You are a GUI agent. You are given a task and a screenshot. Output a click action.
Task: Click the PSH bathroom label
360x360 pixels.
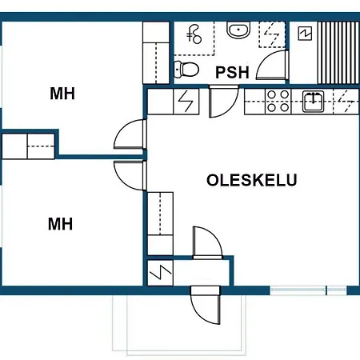point(232,72)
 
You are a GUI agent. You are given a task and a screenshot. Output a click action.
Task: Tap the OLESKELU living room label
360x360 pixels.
point(252,180)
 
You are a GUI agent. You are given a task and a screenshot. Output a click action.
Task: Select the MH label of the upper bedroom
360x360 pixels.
point(62,94)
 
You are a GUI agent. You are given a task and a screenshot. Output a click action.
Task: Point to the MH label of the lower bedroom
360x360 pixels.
point(60,224)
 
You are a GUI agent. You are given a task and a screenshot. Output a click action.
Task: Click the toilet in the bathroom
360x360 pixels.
point(186,70)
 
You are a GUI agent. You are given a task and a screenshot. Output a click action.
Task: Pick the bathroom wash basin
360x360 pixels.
point(238,30)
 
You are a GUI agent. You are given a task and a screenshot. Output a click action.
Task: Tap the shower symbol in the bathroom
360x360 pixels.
point(194,34)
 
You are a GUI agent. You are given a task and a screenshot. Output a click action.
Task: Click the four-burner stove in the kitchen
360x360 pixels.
point(278,101)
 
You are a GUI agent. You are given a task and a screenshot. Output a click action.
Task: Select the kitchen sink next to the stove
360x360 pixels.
point(313,101)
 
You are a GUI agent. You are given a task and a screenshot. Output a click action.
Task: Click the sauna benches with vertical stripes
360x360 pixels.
point(338,53)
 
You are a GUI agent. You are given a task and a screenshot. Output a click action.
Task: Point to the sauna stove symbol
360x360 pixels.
point(305,34)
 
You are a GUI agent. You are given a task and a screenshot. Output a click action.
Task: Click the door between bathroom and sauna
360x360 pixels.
point(273,65)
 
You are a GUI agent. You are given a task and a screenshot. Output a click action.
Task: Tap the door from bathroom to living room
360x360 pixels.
point(223,102)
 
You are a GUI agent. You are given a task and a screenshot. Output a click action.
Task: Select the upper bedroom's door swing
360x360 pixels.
point(130,134)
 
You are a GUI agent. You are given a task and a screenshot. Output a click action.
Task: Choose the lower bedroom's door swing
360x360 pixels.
point(130,175)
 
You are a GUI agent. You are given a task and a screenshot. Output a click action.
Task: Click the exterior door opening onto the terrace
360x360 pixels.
point(206,306)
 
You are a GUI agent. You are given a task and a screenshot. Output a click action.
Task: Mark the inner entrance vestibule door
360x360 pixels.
point(207,242)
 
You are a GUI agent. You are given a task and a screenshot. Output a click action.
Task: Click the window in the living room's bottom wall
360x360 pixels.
point(308,290)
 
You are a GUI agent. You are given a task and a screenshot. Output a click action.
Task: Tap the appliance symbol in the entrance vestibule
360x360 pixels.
point(160,273)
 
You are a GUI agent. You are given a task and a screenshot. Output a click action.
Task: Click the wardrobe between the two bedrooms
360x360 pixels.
point(28,146)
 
